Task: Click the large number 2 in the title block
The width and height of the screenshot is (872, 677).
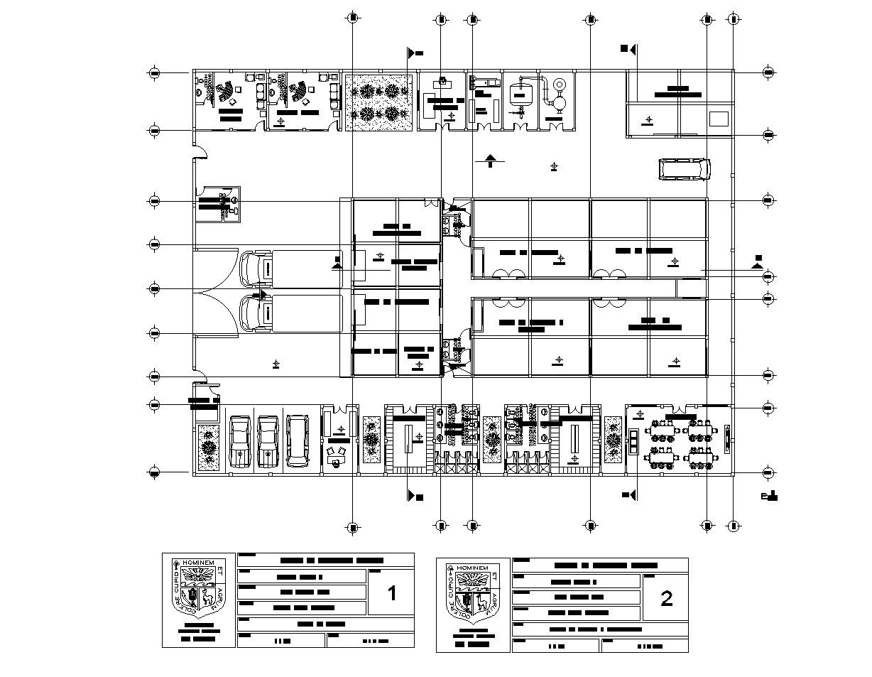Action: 666,599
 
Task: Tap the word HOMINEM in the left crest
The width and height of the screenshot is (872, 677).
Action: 197,562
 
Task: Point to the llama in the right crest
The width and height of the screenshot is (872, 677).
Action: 484,604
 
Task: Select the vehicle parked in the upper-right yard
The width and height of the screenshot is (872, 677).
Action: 684,169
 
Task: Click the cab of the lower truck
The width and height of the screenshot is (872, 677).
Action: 256,313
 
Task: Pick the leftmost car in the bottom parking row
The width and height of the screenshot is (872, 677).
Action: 241,441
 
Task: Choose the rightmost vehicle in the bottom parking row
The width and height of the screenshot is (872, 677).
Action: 298,441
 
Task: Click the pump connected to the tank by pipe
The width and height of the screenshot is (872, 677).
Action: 558,103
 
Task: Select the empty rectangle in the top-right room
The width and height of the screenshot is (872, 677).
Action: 719,119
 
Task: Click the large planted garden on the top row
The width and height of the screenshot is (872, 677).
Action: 379,102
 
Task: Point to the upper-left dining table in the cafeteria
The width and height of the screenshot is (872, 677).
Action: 662,430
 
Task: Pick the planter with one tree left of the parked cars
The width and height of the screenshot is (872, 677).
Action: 208,448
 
